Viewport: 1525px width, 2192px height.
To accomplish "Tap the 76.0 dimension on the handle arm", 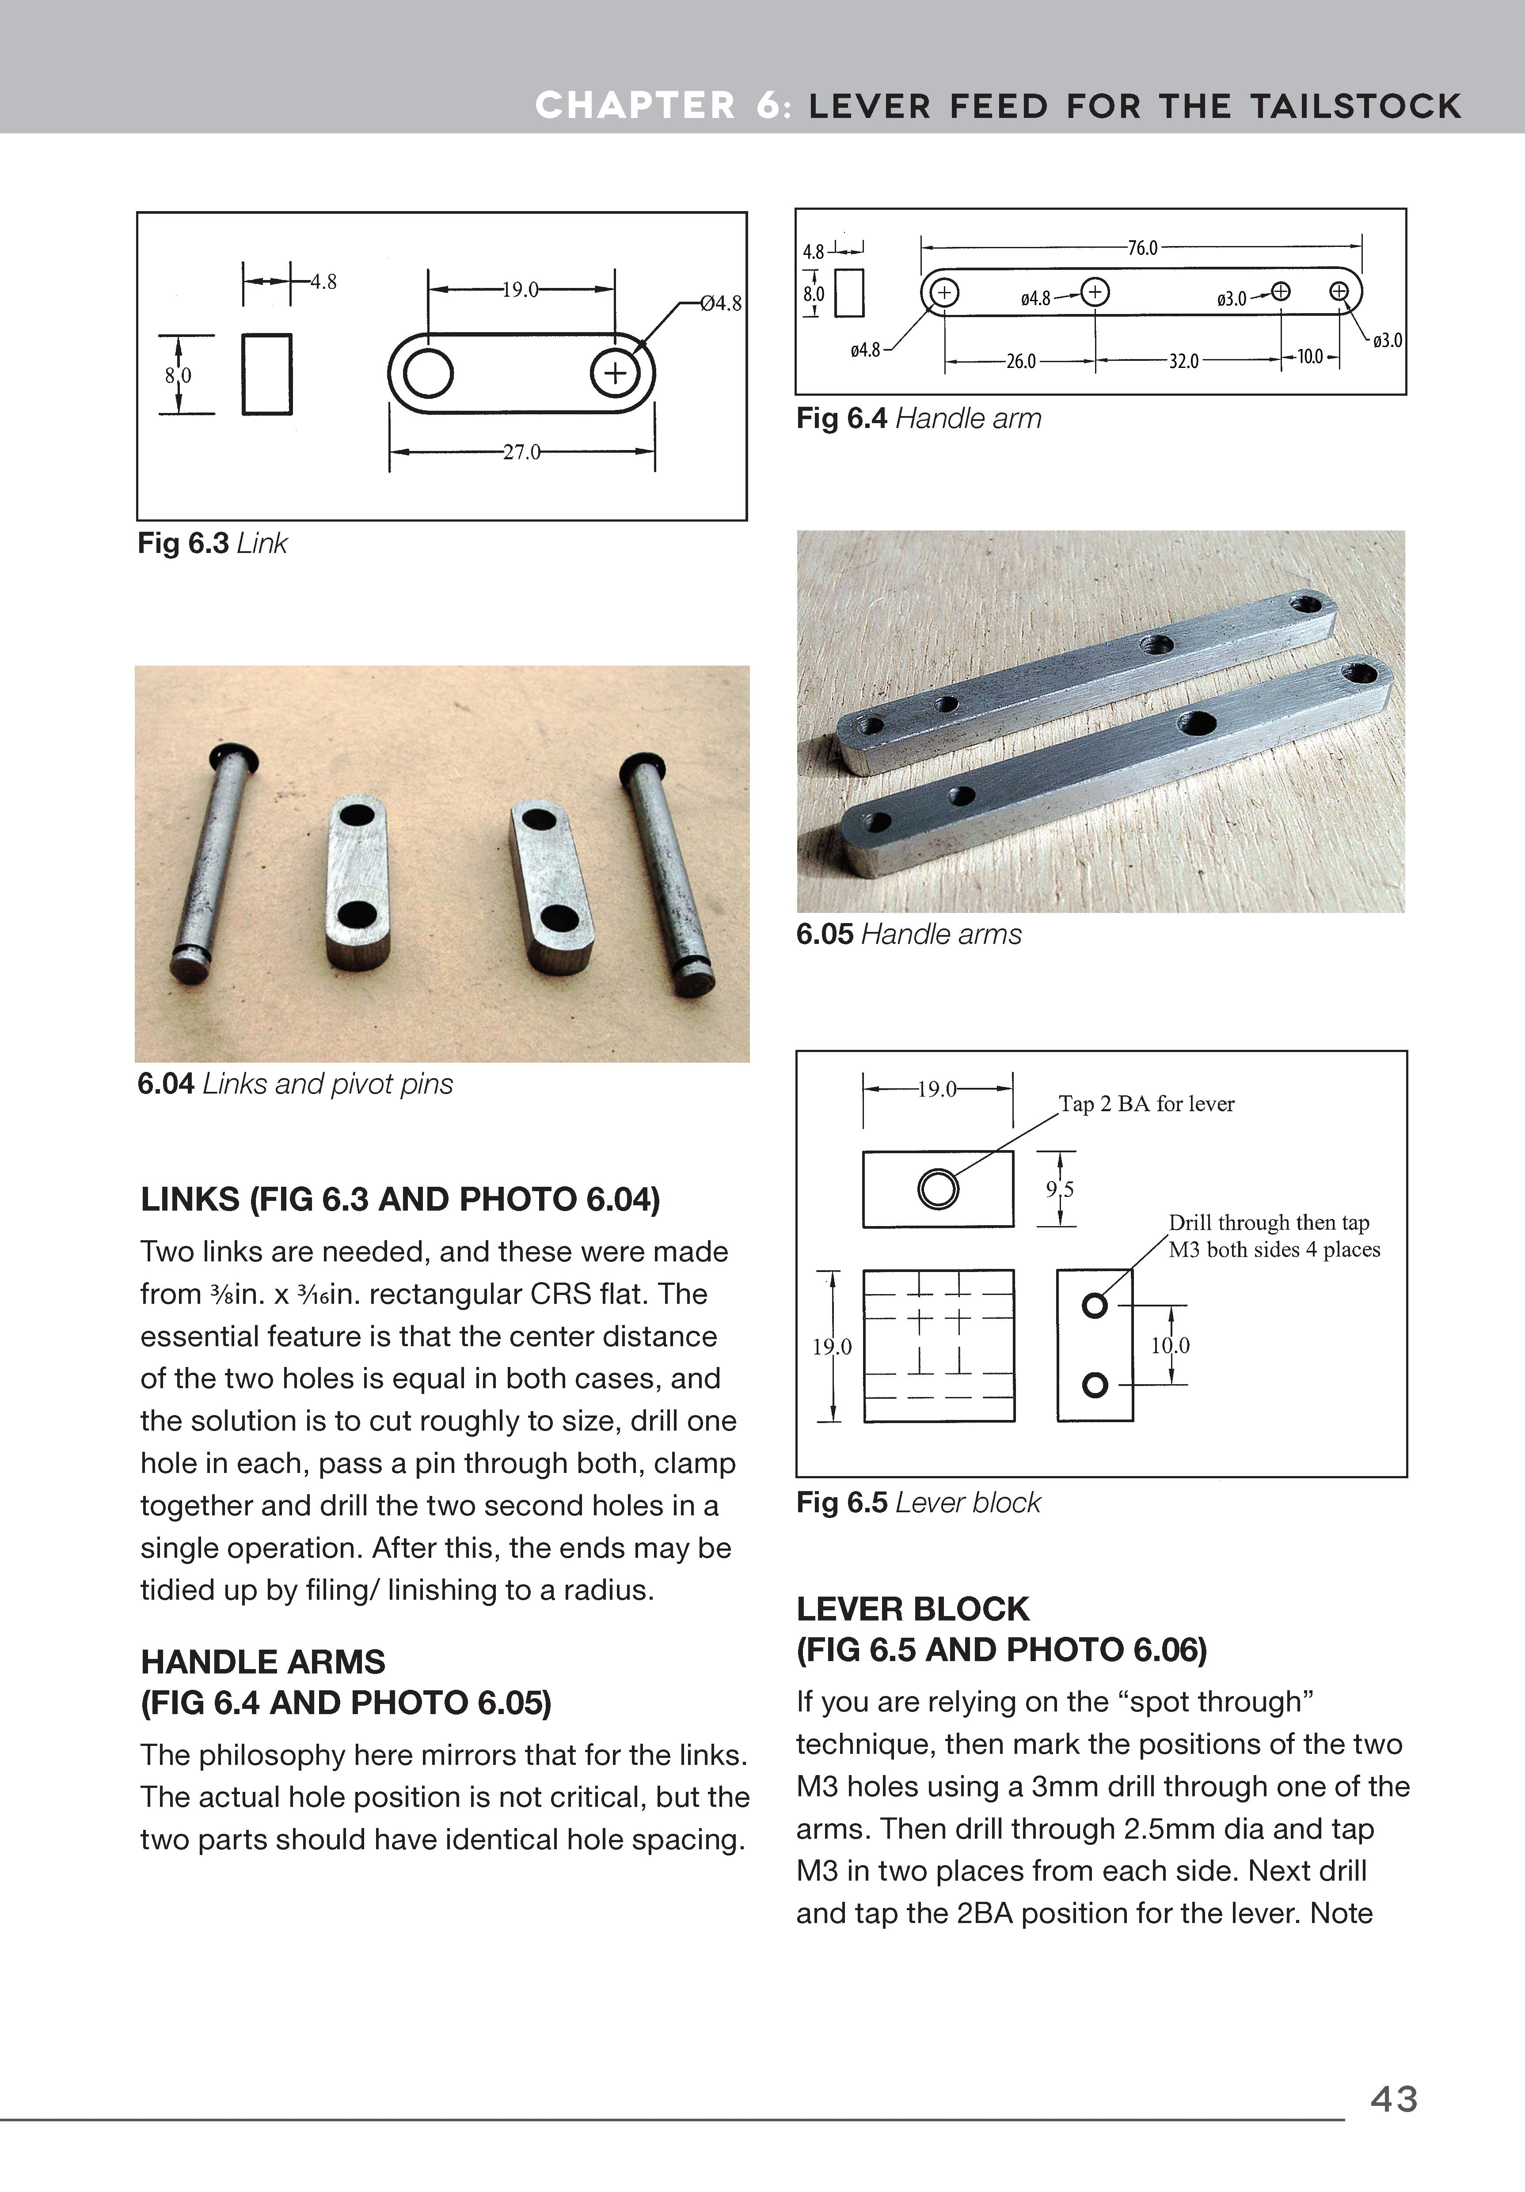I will click(1142, 248).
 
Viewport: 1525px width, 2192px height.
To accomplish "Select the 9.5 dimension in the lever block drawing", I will click(1060, 1189).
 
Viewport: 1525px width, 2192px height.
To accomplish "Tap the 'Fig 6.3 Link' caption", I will click(212, 543).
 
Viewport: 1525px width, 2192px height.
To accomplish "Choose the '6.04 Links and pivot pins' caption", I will click(295, 1083).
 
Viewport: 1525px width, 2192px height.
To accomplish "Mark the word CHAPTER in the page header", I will click(635, 106).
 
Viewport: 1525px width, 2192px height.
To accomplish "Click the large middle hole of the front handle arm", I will click(1197, 723).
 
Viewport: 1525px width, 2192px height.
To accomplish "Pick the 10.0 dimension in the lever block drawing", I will click(1170, 1345).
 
